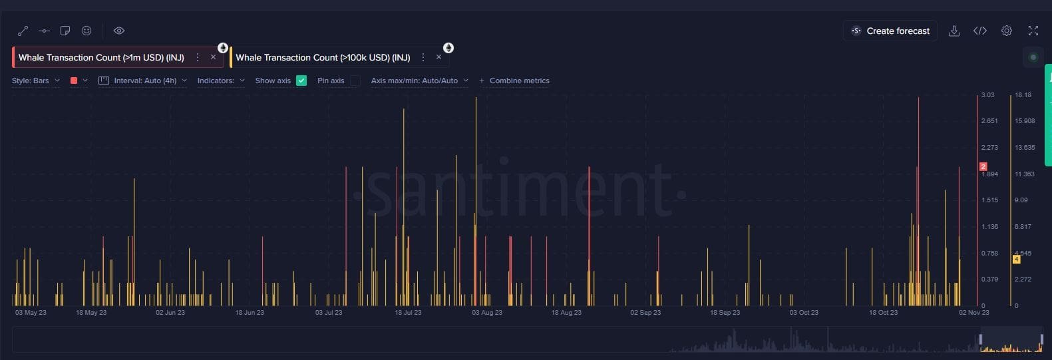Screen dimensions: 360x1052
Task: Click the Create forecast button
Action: (890, 31)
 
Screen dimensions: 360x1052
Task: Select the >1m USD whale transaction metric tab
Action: (101, 58)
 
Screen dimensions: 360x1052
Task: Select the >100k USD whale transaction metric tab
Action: (323, 58)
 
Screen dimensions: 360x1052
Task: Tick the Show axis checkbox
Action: (301, 81)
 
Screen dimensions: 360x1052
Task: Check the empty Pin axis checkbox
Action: (355, 81)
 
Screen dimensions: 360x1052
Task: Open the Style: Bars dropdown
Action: (36, 81)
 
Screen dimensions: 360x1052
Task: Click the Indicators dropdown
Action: (221, 81)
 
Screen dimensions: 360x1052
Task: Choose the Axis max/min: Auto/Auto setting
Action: (419, 81)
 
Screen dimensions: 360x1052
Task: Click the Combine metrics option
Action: (514, 81)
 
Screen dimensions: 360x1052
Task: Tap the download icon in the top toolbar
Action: (954, 31)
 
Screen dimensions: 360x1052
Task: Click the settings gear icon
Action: (1007, 31)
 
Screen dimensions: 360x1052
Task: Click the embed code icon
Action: (980, 31)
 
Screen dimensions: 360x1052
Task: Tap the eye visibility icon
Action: (119, 31)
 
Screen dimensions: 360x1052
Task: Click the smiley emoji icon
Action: (87, 31)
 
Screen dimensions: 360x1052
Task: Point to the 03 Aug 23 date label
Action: (487, 313)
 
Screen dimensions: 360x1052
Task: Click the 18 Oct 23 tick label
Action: (883, 313)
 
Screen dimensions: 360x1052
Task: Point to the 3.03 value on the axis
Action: (988, 95)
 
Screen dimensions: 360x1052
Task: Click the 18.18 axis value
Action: (1023, 95)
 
